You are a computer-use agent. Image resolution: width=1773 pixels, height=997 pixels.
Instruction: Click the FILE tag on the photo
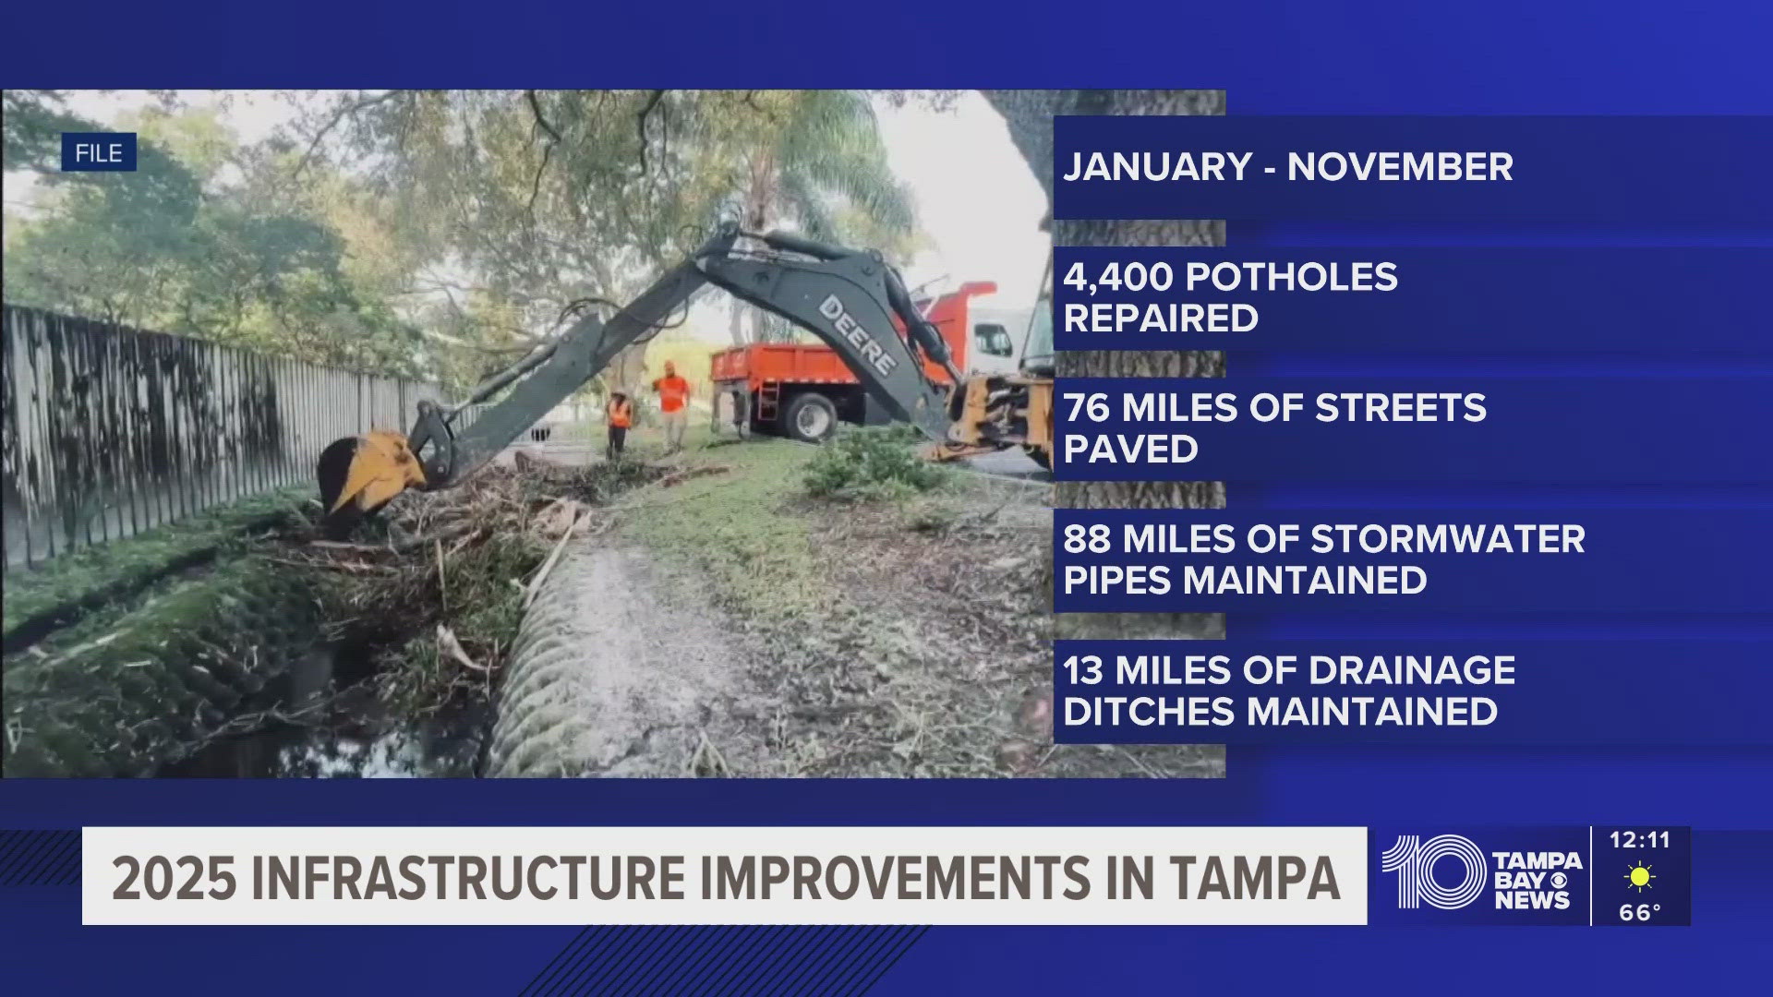coord(99,152)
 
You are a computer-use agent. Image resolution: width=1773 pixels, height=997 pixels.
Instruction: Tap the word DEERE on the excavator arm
coord(858,335)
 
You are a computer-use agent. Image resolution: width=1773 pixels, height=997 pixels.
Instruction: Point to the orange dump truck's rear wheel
coord(812,416)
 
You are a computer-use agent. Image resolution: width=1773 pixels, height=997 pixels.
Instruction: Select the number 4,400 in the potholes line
coord(1118,277)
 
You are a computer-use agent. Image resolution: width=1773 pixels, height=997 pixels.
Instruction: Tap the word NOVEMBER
coord(1400,167)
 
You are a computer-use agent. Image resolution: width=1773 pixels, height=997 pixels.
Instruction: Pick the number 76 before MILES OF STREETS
coord(1087,408)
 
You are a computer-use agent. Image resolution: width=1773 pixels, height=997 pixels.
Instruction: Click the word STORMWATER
coord(1447,539)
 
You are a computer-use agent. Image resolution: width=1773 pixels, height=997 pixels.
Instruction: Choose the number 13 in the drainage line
coord(1083,670)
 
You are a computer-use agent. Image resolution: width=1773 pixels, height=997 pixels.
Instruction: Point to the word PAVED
coord(1130,450)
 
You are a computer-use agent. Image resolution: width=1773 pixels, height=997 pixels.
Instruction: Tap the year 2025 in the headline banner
coord(174,877)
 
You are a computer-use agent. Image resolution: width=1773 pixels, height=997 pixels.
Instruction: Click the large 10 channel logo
coord(1433,872)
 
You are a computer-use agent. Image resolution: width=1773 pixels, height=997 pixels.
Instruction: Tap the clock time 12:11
coord(1640,840)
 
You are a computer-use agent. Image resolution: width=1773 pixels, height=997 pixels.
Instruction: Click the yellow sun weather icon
coord(1640,876)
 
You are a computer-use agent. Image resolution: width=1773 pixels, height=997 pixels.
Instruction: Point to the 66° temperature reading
coord(1640,912)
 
